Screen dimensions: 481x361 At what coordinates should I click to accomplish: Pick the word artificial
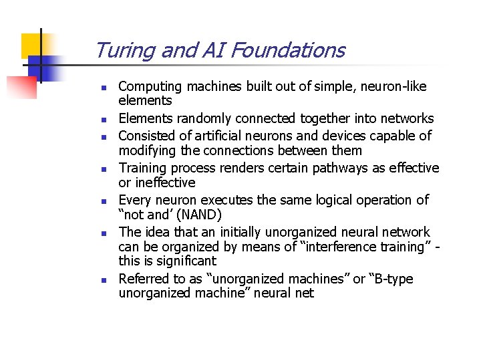pyautogui.click(x=223, y=136)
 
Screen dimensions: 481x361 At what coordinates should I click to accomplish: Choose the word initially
pyautogui.click(x=236, y=232)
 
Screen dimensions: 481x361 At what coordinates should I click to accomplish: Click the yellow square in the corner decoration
pyautogui.click(x=33, y=45)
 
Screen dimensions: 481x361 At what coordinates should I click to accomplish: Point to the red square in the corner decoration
pyautogui.click(x=22, y=87)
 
